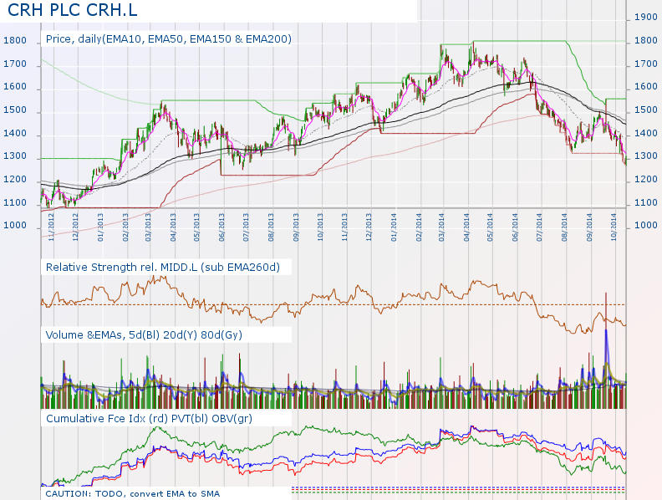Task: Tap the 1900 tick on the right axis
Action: click(x=646, y=17)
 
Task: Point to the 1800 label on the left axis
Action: click(x=15, y=41)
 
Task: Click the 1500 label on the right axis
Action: click(x=646, y=110)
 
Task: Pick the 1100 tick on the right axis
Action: click(x=646, y=202)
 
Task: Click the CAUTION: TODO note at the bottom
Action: click(x=133, y=493)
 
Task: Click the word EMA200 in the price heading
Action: click(x=267, y=38)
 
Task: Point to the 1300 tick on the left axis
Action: click(x=15, y=157)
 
